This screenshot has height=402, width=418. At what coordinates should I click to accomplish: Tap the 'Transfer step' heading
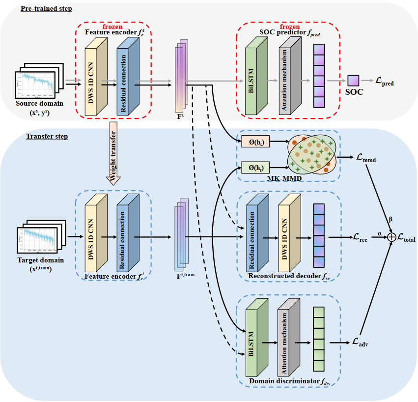click(47, 136)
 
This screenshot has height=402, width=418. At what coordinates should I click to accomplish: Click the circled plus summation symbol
click(391, 237)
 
